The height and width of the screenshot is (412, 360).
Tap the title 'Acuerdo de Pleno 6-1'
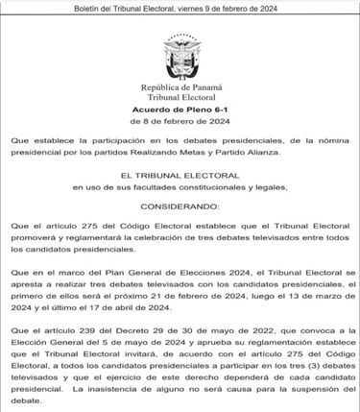180,109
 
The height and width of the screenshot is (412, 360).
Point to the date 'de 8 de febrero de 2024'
180,121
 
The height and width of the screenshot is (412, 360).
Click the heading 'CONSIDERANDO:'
180,207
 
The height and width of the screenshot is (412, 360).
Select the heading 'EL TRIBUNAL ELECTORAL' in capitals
180,176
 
